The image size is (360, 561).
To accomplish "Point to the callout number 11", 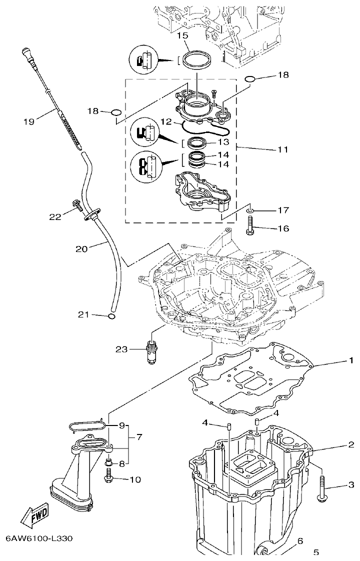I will (x=282, y=149).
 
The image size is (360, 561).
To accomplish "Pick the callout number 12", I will (x=166, y=121).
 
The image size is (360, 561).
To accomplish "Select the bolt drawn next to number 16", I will (x=250, y=225).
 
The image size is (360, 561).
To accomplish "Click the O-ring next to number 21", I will (x=112, y=316).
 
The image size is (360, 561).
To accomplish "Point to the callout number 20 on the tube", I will (x=82, y=248).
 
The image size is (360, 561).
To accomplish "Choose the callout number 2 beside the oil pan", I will (x=351, y=444).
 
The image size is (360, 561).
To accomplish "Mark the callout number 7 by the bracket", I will (x=138, y=437).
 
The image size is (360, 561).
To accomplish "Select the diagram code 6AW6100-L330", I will (x=39, y=539).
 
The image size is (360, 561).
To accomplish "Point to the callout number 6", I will (x=300, y=541).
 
